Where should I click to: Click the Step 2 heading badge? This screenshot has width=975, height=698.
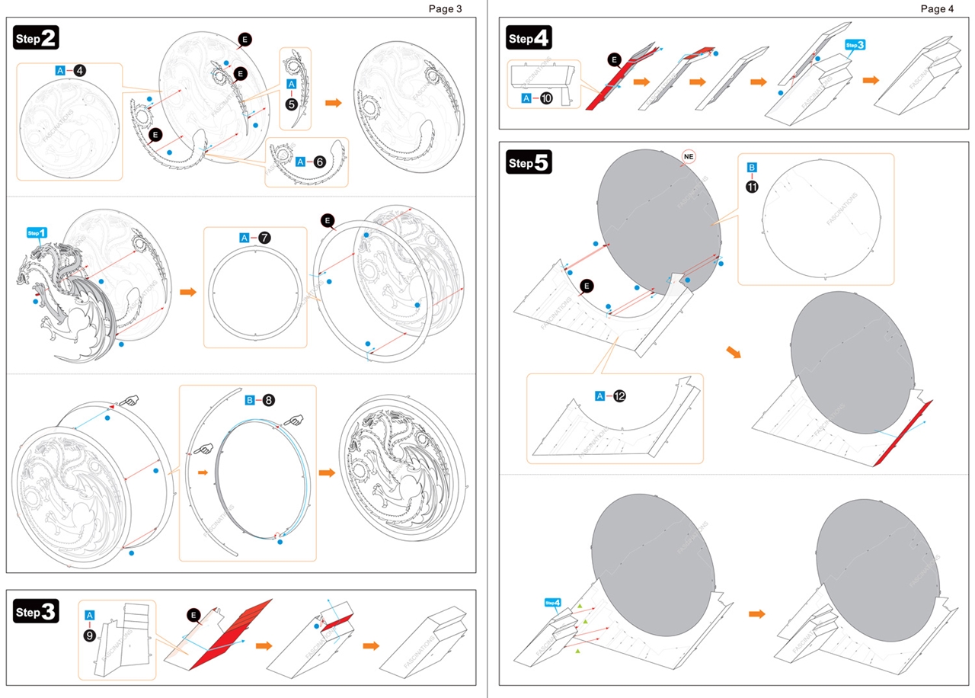tap(37, 37)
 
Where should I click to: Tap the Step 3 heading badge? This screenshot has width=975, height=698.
tap(37, 612)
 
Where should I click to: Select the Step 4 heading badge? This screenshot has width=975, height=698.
tap(529, 38)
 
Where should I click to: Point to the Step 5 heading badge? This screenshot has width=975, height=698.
tap(529, 162)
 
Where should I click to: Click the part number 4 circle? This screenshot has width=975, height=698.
tap(80, 70)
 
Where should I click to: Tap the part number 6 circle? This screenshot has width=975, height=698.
tap(320, 162)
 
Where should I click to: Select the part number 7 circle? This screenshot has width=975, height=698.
tap(264, 238)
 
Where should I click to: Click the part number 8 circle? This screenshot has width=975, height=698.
tap(269, 400)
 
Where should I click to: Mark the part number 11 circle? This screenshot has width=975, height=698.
tap(752, 186)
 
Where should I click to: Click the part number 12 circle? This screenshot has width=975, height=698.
tap(619, 395)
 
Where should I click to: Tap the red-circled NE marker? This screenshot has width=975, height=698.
tap(689, 157)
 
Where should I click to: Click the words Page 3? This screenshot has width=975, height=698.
tap(445, 9)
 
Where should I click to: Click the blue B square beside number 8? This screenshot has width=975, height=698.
tap(249, 400)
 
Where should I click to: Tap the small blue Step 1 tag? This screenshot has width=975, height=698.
tap(37, 232)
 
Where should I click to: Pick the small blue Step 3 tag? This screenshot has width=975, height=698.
tap(855, 45)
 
